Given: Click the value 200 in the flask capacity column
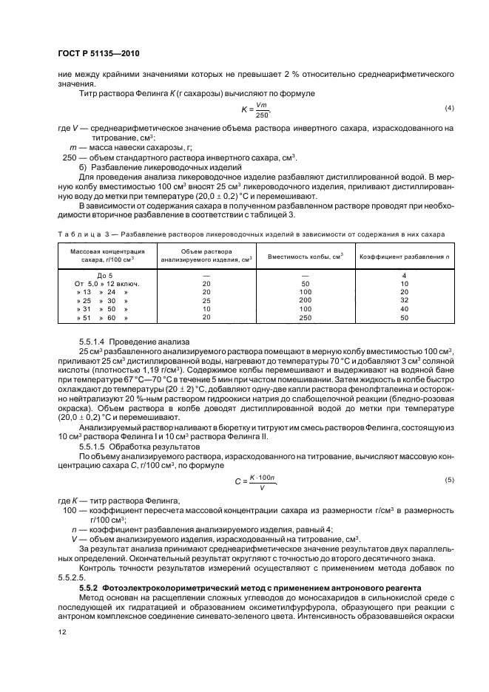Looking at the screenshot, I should point(305,300).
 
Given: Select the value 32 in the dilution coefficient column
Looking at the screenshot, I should point(405,300).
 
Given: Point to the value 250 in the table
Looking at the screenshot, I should point(305,318).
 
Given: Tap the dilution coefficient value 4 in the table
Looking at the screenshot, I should point(405,274).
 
